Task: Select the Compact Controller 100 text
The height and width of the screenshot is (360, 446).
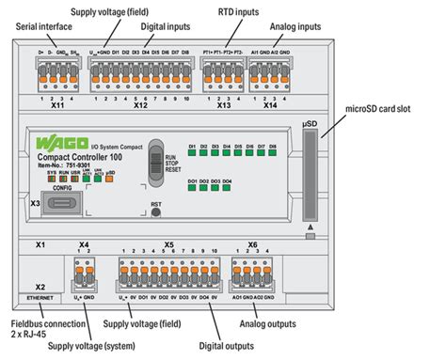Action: [x=95, y=157]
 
